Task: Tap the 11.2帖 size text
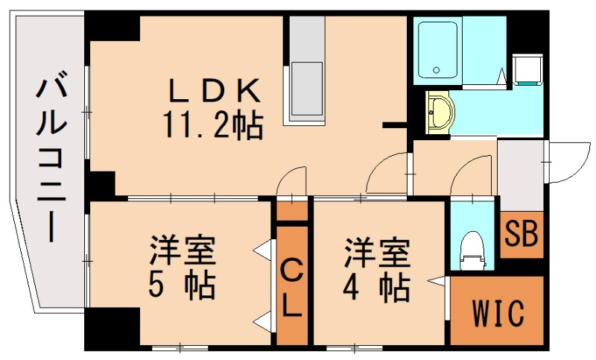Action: coord(213,124)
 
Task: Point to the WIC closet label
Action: coord(498,311)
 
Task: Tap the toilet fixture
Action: coord(472,248)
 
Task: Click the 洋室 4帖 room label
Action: coord(376,267)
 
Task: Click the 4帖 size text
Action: coord(376,285)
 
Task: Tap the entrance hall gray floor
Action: coord(520,175)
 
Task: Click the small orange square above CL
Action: coord(292,209)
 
